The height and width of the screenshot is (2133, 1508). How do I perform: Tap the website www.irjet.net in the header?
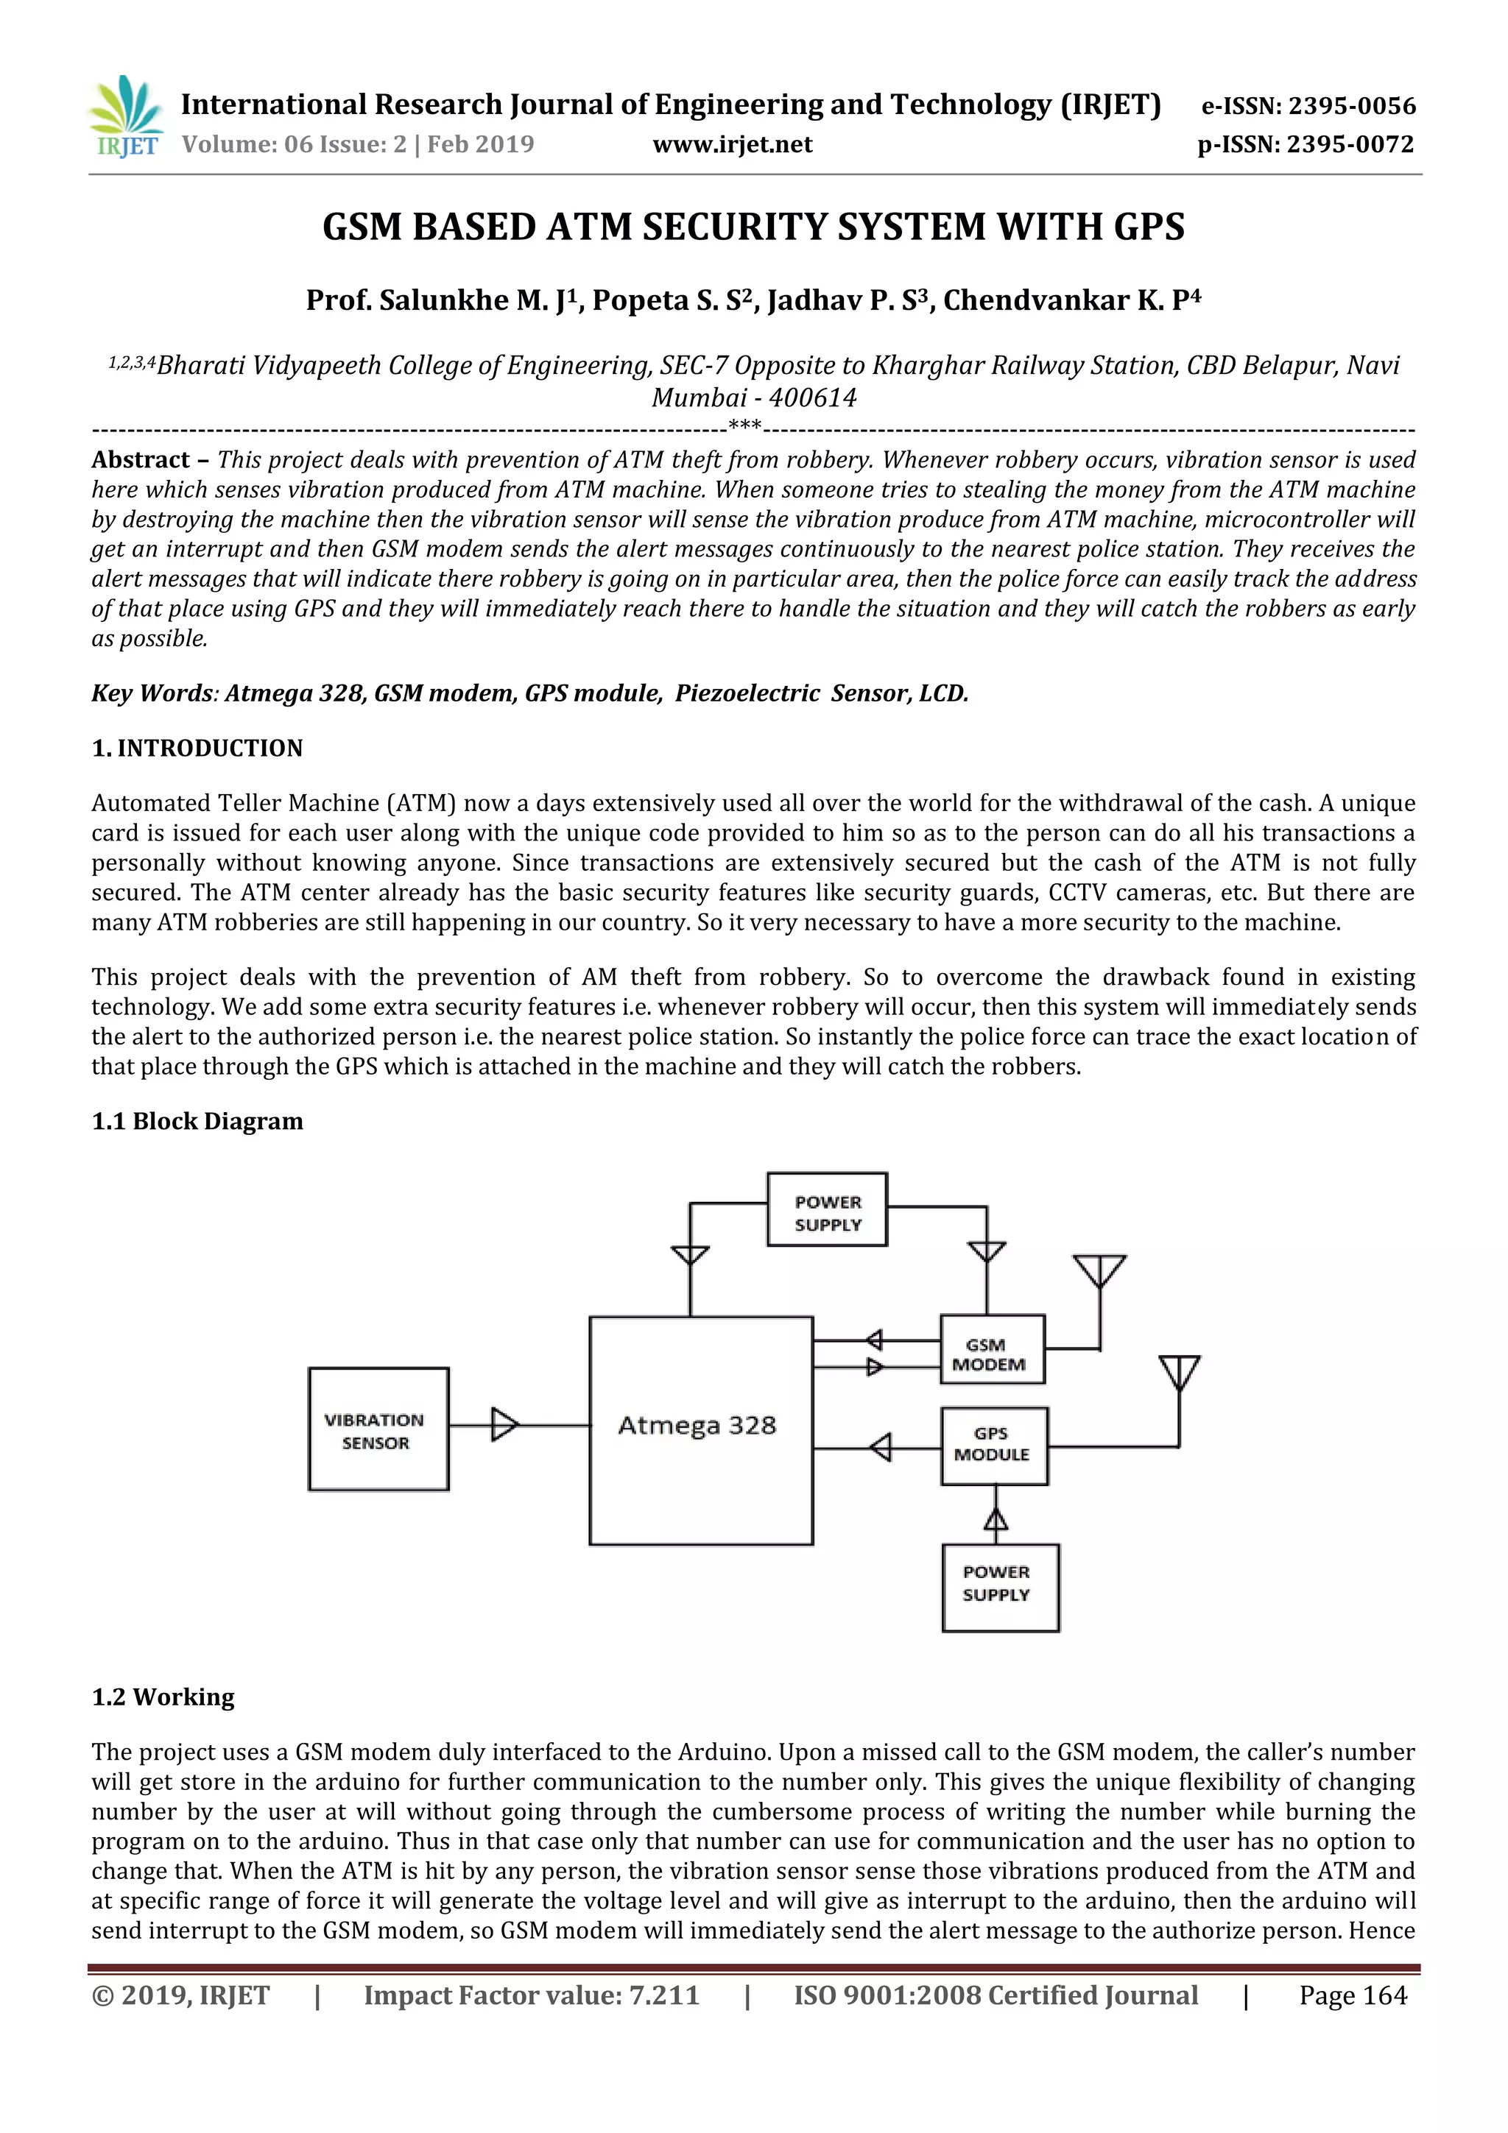[732, 145]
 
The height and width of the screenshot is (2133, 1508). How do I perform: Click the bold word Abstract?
[141, 460]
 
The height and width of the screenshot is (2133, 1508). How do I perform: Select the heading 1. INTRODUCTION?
[197, 748]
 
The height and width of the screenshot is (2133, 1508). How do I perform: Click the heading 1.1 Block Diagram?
[197, 1120]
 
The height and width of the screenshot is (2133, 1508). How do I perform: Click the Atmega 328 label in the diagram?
[697, 1425]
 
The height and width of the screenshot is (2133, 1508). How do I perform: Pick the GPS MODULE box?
[993, 1445]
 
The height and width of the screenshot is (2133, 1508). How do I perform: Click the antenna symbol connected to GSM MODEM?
[1099, 1271]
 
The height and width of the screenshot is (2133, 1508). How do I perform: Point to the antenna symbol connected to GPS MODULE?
[1179, 1371]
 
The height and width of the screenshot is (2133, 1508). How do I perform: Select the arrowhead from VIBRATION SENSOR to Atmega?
[504, 1424]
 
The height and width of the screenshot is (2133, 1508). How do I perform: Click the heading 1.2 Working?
[163, 1697]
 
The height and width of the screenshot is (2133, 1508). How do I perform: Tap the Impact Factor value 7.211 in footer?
[663, 1995]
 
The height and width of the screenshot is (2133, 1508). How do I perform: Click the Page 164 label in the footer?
[1352, 1995]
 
